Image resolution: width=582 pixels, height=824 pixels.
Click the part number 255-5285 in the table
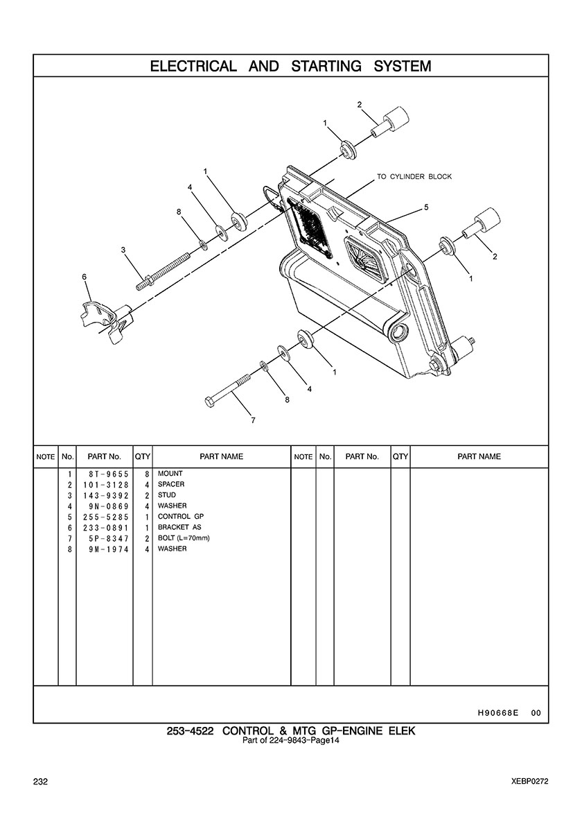click(x=105, y=517)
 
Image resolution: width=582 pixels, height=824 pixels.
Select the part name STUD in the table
click(x=167, y=495)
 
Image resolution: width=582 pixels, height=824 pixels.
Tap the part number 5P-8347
click(x=109, y=539)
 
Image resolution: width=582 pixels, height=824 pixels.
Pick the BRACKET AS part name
click(x=179, y=527)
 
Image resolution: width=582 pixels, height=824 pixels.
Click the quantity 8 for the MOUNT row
click(x=148, y=474)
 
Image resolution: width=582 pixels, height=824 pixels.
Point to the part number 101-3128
click(x=105, y=485)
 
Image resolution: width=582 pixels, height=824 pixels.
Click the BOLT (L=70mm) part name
click(x=184, y=538)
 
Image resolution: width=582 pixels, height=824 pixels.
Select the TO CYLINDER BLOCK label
click(x=414, y=177)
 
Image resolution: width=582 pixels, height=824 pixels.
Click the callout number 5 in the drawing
click(x=426, y=207)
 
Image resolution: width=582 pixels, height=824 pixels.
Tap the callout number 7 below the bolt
click(x=254, y=420)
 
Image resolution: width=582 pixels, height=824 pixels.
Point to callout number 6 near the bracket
click(x=85, y=277)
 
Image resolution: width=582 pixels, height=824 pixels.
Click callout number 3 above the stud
click(x=123, y=250)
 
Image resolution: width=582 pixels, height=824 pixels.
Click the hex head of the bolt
click(x=209, y=402)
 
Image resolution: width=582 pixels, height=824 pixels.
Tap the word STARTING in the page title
click(x=326, y=66)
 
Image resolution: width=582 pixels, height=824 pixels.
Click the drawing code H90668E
click(x=498, y=713)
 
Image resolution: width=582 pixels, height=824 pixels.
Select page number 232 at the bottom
click(x=40, y=782)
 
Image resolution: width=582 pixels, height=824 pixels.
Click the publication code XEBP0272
click(x=529, y=782)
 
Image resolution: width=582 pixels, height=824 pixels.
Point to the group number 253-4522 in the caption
click(x=190, y=731)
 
